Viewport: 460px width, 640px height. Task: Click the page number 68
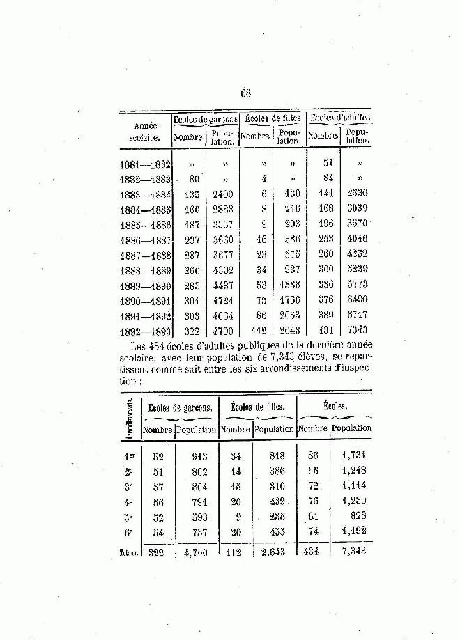click(x=245, y=92)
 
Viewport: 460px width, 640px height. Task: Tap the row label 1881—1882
click(x=145, y=164)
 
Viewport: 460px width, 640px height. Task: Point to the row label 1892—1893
click(x=145, y=331)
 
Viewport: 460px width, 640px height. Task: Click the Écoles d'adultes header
click(x=339, y=118)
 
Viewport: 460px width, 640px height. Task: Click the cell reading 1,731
click(x=353, y=455)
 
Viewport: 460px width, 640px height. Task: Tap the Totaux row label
click(x=130, y=553)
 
